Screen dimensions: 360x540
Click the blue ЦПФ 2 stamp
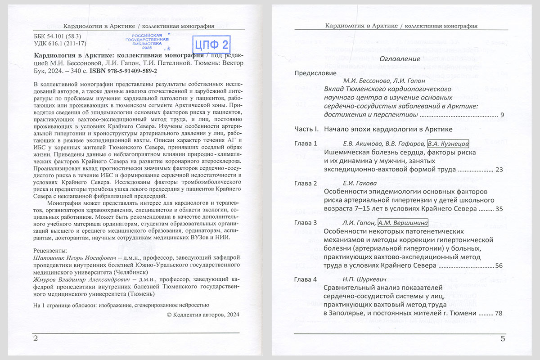pos(211,44)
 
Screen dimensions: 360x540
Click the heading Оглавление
pos(400,59)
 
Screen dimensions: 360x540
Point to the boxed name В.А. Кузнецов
pos(448,144)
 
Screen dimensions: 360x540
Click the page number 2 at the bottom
pos(36,338)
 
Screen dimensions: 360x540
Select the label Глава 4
pos(306,279)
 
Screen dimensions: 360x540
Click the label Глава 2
pos(306,184)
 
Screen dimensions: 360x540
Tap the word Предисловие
pos(315,73)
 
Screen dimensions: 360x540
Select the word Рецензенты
pos(51,250)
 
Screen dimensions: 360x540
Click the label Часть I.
pos(306,130)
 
